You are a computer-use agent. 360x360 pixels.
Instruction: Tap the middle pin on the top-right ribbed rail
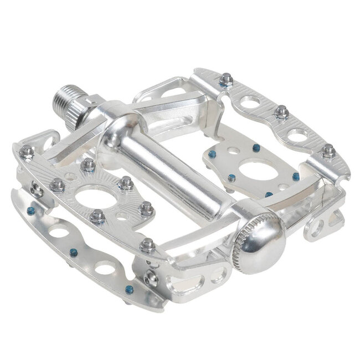(x=281, y=111)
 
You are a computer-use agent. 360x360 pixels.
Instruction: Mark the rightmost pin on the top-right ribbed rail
(x=328, y=149)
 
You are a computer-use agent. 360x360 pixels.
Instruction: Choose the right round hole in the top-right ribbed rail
(x=297, y=135)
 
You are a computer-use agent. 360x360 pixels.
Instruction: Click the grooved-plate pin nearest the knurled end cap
(x=147, y=244)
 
